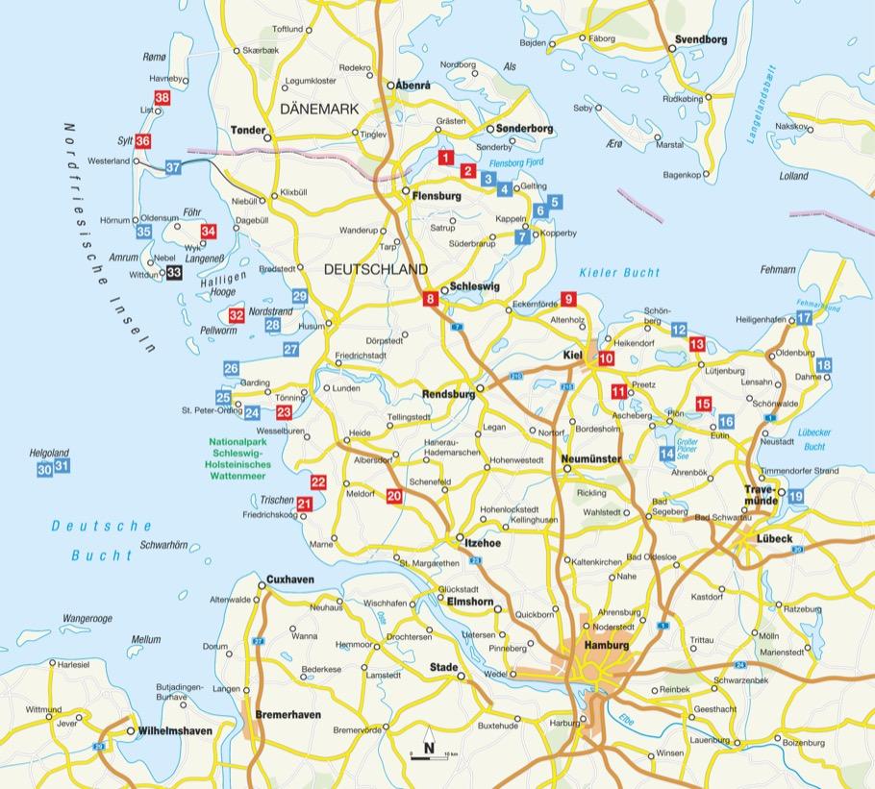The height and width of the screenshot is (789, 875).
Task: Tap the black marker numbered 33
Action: click(174, 273)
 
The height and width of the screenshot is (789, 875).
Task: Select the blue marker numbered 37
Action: click(173, 167)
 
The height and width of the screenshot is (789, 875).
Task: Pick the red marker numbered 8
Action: click(431, 301)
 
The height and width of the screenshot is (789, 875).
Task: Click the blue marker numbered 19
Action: click(795, 496)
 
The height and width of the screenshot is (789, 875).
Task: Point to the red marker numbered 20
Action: click(393, 496)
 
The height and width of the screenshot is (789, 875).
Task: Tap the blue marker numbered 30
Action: click(44, 469)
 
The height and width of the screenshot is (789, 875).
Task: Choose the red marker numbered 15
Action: click(703, 405)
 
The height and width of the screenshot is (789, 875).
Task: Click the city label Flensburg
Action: click(437, 196)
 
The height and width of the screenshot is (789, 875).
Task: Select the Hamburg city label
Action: click(606, 646)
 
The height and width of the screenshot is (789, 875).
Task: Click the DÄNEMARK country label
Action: click(318, 110)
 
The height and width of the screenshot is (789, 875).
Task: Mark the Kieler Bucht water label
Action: click(620, 274)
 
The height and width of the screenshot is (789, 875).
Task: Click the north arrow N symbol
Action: click(428, 747)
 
